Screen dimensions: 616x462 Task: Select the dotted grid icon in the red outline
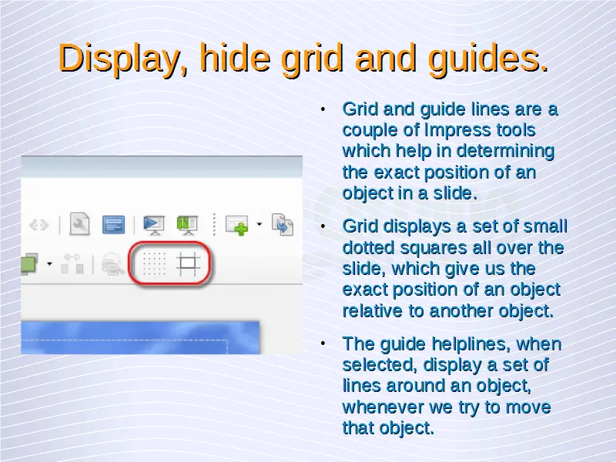coord(154,263)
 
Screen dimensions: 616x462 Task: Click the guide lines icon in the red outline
coord(188,263)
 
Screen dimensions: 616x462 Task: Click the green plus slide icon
coord(237,225)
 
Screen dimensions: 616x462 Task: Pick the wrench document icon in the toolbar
coord(80,224)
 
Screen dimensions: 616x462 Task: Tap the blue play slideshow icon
coord(154,225)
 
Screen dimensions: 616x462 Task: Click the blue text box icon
coord(113,225)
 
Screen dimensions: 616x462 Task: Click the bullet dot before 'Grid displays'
coord(323,226)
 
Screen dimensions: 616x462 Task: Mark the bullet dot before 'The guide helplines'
coord(323,343)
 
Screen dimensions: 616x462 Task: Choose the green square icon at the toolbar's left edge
coord(29,263)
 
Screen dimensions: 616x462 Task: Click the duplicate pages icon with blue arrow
coord(282,225)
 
